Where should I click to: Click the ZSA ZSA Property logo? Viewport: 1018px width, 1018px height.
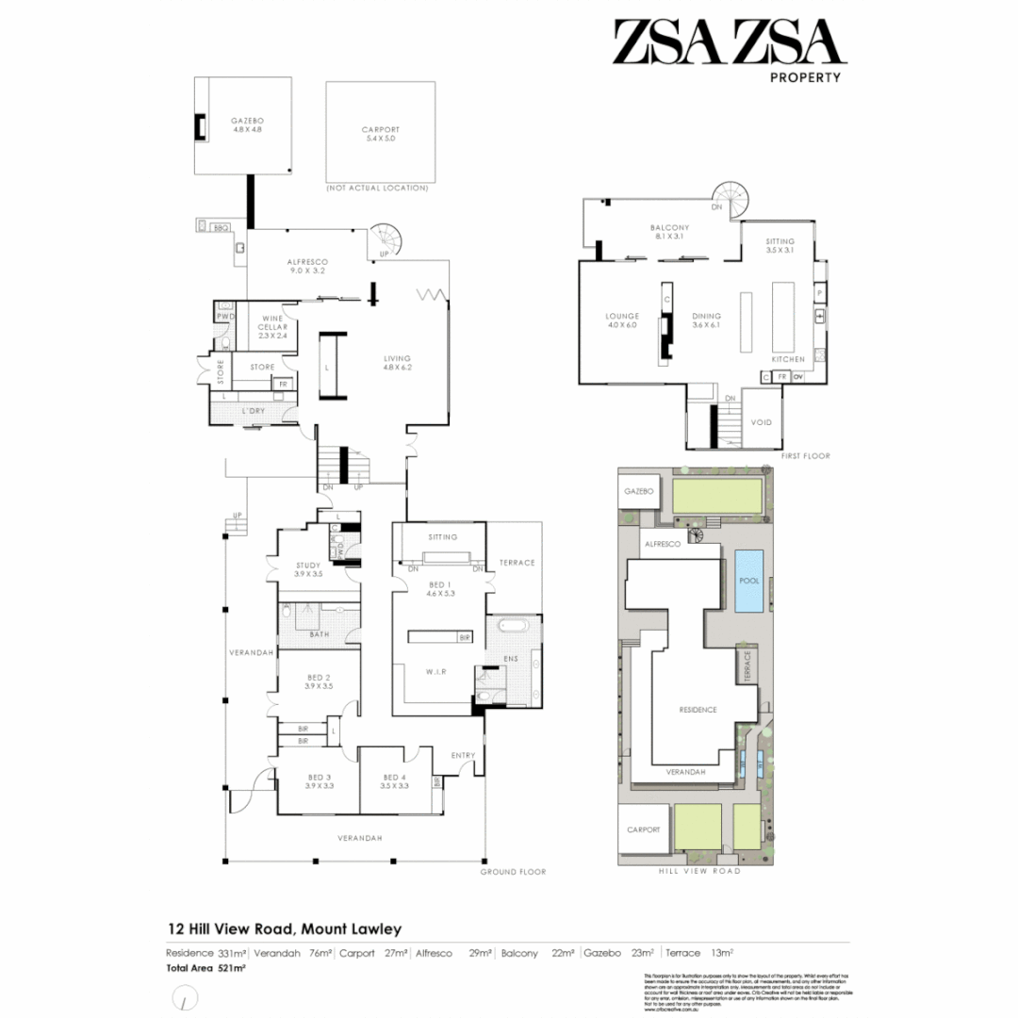click(726, 49)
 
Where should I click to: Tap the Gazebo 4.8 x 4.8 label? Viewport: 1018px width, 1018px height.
click(247, 125)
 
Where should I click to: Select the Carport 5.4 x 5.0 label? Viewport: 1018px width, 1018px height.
click(381, 134)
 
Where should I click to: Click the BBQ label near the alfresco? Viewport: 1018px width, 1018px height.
click(222, 227)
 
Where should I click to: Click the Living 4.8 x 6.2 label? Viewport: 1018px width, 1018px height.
click(398, 363)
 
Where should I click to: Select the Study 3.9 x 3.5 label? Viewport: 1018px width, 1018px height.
click(307, 569)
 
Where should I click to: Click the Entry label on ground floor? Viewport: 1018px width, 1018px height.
click(463, 755)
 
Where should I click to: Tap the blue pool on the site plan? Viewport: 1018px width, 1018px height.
click(749, 581)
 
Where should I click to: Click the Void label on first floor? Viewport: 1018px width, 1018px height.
click(761, 422)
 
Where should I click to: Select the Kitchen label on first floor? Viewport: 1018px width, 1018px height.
click(788, 360)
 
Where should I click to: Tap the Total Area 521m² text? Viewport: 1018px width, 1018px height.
click(206, 968)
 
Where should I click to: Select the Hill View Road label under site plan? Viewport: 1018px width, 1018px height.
click(698, 871)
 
